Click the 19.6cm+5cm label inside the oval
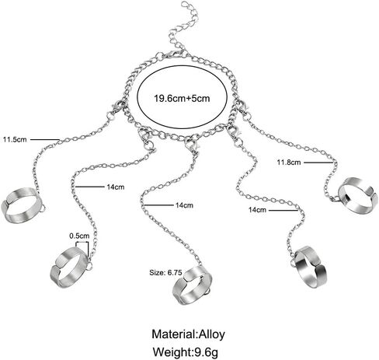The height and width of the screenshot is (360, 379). [x=182, y=99]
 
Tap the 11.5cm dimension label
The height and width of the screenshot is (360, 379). [x=15, y=139]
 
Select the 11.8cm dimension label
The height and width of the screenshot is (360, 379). [x=289, y=163]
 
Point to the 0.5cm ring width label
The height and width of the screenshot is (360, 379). [x=79, y=236]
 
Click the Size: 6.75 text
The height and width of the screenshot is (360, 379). [x=165, y=273]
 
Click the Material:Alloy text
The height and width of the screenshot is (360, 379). [x=188, y=334]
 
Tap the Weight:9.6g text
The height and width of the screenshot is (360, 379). [x=185, y=352]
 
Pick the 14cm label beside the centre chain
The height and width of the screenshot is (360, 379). [x=184, y=205]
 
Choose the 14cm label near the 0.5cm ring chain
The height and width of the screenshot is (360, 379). [x=116, y=187]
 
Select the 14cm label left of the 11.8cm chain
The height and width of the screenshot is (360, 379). [x=257, y=210]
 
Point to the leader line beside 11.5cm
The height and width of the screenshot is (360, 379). [x=45, y=139]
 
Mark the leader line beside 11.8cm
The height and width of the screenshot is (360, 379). [x=318, y=163]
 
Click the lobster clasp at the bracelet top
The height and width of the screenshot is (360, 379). [x=172, y=54]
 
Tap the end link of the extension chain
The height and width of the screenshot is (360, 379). [x=185, y=5]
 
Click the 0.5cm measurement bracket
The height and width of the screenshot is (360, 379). [x=82, y=243]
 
